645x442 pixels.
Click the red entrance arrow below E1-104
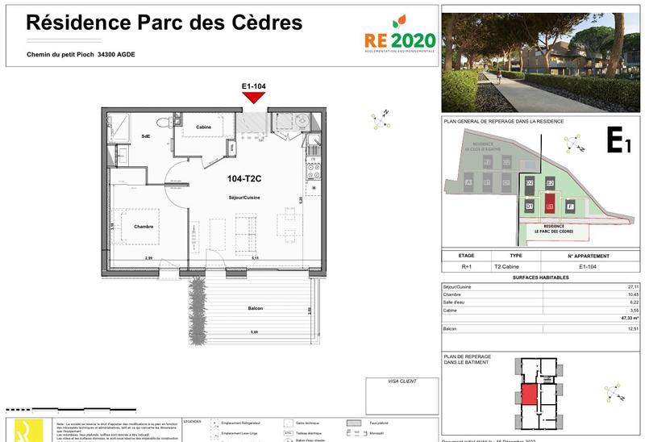(255, 97)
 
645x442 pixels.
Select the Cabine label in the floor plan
(204, 126)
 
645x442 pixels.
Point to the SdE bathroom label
(146, 136)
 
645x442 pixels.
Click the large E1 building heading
(618, 143)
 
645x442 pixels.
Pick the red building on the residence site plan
(551, 206)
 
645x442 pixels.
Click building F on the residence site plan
(571, 207)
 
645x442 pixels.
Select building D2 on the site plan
(530, 184)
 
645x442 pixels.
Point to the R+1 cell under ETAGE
(467, 265)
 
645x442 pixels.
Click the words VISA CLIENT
(402, 382)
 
